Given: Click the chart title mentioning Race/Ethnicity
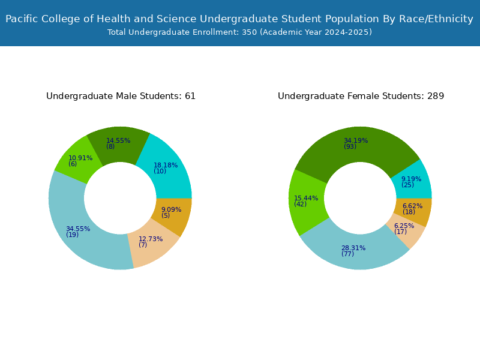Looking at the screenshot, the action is [x=239, y=19].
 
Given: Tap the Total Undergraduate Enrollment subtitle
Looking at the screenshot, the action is [x=239, y=32].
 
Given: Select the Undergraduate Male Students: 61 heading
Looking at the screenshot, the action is [x=121, y=96].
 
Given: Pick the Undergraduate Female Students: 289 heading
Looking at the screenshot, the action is [x=361, y=96].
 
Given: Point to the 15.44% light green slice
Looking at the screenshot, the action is [x=306, y=202].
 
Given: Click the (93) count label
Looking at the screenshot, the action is [x=350, y=146].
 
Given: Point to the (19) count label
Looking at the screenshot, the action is [x=72, y=235].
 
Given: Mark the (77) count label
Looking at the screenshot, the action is [x=348, y=254].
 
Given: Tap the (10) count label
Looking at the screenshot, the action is [x=160, y=171].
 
